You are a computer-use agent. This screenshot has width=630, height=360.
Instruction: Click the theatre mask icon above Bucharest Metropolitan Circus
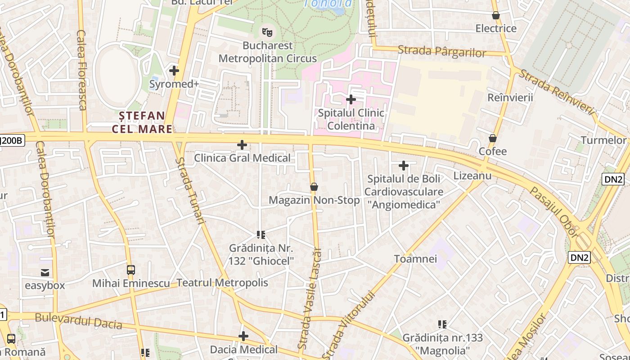tap(268, 32)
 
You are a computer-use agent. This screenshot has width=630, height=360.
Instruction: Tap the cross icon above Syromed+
tap(174, 71)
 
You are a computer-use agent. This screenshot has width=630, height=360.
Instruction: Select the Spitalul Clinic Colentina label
tap(351, 119)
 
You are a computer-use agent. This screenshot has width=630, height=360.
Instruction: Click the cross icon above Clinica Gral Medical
tap(242, 145)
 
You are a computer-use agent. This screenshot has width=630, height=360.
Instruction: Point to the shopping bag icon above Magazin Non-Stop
tap(314, 187)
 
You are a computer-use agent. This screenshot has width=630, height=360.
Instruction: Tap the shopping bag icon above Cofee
tap(493, 138)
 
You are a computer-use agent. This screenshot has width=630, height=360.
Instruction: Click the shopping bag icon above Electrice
tap(496, 16)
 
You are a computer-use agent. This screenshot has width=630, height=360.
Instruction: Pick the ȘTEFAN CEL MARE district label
tap(142, 122)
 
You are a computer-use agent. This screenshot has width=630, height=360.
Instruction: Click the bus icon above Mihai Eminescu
tap(131, 270)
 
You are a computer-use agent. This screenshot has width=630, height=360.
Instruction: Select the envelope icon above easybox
tap(45, 272)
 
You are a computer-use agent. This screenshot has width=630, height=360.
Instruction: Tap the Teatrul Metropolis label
tap(222, 283)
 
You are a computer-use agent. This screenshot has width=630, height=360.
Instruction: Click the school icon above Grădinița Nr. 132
tap(261, 234)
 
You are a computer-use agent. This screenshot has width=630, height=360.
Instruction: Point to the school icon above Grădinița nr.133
tap(442, 324)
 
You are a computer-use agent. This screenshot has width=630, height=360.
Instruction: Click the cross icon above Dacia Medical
tap(243, 336)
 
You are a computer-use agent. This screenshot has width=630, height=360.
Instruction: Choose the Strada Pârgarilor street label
tap(442, 51)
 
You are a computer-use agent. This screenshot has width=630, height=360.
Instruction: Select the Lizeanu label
tap(472, 175)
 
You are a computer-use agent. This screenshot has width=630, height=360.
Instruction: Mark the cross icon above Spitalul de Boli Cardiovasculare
tap(404, 166)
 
